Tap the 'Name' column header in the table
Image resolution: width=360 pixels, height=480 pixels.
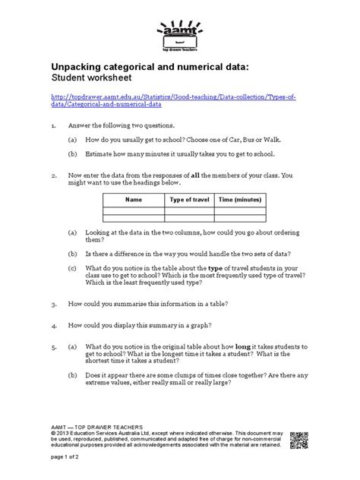[134, 199]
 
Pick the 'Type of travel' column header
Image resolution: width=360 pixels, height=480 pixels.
[189, 199]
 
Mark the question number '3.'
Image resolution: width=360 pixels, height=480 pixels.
[53, 304]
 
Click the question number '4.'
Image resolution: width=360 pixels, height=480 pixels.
[53, 324]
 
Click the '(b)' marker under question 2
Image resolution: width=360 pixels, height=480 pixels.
[71, 252]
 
